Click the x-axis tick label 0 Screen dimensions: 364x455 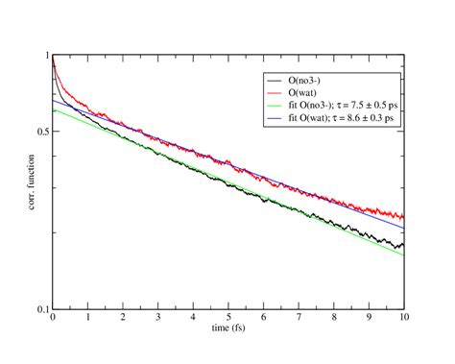(53, 318)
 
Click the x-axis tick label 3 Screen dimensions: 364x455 (158, 318)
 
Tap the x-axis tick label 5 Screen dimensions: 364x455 (228, 318)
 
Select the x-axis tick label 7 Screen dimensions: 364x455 (299, 318)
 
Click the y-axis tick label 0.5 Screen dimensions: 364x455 (40, 132)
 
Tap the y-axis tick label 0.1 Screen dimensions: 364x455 (40, 309)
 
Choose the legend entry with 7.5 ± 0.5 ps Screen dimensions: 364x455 (345, 105)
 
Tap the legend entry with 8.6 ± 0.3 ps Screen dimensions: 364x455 (344, 116)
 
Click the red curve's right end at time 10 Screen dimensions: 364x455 (403, 219)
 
